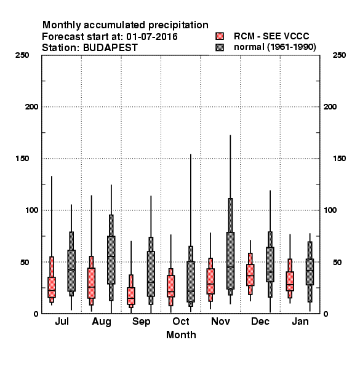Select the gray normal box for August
[x=111, y=260]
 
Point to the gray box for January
[x=310, y=272]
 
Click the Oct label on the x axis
[x=181, y=321]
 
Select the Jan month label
[x=300, y=321]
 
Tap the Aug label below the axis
[x=102, y=322]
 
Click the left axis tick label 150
[x=22, y=159]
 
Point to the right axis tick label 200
[x=330, y=107]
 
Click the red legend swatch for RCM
[x=220, y=36]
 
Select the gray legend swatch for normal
[x=220, y=47]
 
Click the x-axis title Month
[x=181, y=335]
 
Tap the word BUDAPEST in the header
[x=110, y=48]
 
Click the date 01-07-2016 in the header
[x=152, y=37]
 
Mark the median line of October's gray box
[x=191, y=291]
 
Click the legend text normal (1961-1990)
[x=275, y=47]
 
